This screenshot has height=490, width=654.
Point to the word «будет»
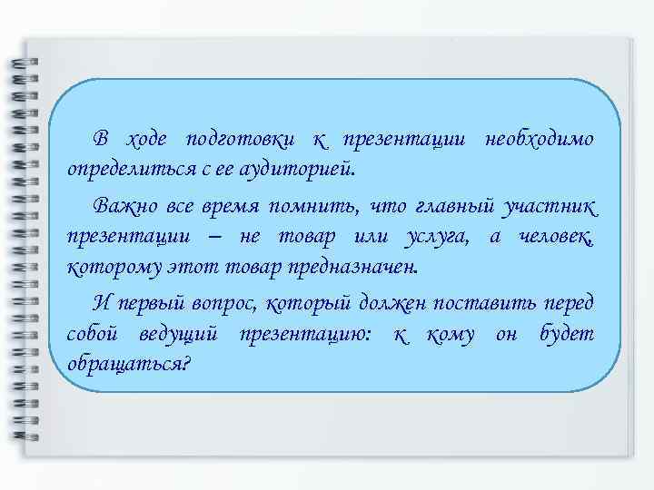coord(566,334)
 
